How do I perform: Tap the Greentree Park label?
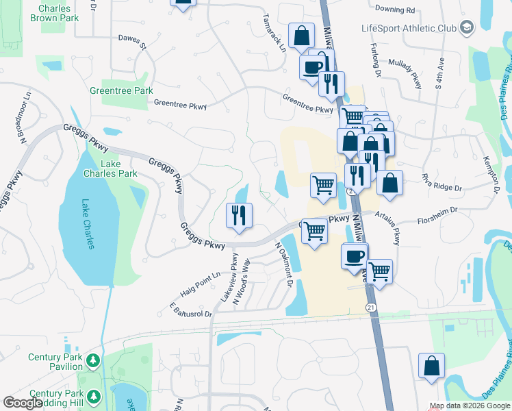click(121, 90)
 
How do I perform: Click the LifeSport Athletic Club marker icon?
click(467, 28)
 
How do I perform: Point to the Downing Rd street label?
click(395, 11)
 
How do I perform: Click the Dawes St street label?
click(133, 42)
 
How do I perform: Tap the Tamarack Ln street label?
click(273, 33)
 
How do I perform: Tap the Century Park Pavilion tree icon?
click(93, 360)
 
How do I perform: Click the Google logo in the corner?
click(23, 403)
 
